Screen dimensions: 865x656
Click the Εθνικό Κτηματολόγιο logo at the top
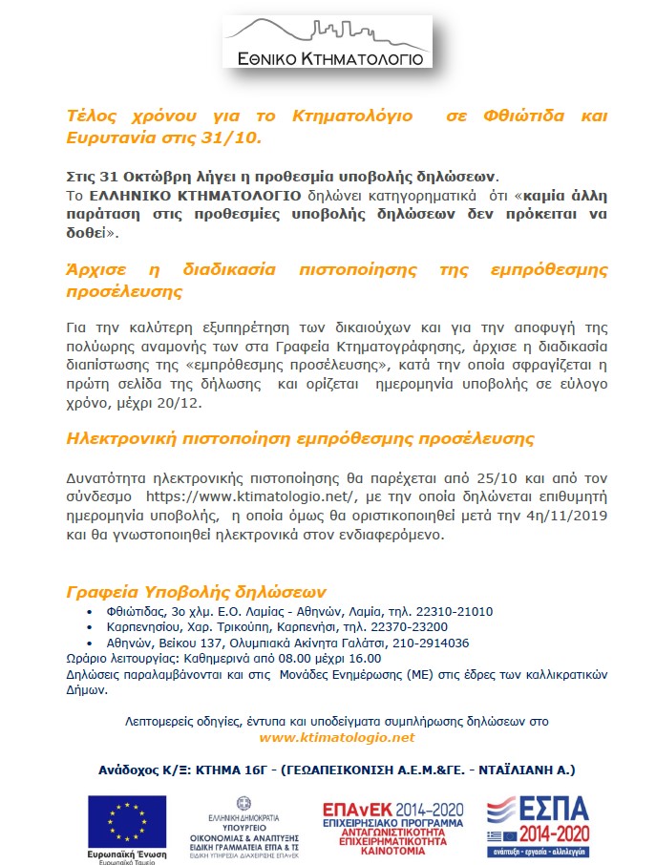coord(328,43)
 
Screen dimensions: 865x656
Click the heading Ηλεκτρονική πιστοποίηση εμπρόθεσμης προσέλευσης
coord(300,438)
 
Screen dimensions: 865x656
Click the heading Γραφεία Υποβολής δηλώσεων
coord(196,590)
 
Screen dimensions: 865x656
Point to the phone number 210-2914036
coord(431,643)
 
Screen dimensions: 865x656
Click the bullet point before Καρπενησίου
coord(91,627)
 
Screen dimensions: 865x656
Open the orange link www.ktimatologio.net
coord(336,737)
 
